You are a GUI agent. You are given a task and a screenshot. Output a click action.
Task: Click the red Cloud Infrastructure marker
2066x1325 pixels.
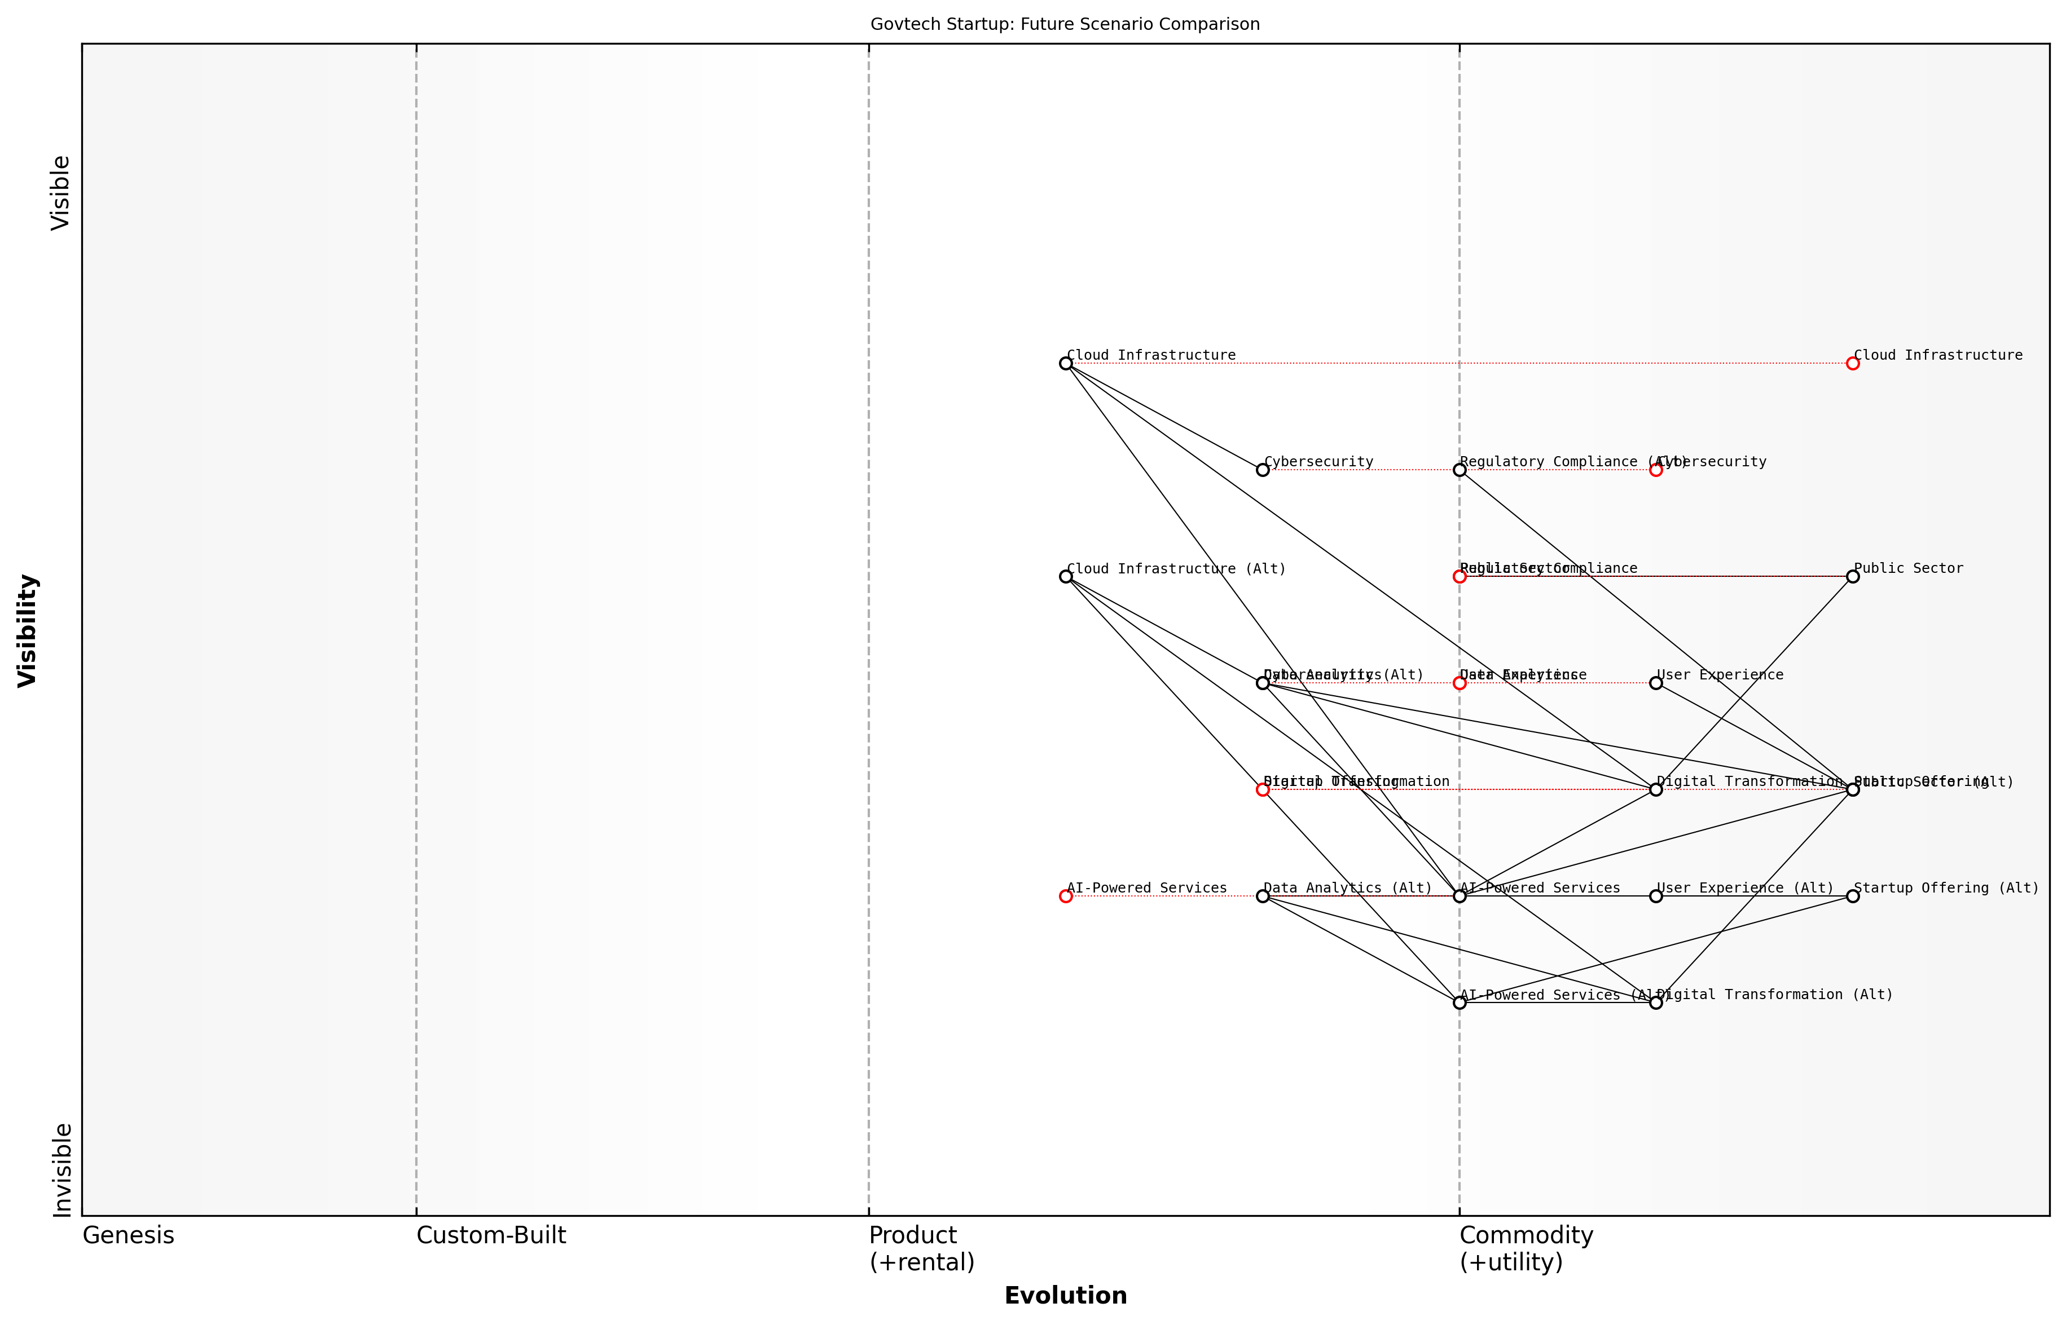1853,363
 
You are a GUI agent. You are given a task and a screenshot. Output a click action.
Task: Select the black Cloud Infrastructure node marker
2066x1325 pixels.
1066,363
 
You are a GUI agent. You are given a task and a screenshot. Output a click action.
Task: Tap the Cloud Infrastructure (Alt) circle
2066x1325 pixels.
1066,576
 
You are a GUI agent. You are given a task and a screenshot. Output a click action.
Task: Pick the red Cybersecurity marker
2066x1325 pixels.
1655,470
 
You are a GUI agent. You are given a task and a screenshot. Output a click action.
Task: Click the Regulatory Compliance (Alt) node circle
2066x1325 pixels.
1459,470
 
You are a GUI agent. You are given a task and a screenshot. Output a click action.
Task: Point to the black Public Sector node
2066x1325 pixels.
1853,576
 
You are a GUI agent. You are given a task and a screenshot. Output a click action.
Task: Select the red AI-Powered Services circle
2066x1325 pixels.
1066,896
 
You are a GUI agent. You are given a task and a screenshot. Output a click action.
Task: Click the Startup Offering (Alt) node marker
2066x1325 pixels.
1853,896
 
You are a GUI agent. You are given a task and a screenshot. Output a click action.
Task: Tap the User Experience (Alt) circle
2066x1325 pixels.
1655,896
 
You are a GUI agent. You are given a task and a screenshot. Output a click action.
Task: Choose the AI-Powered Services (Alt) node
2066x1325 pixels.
1459,1002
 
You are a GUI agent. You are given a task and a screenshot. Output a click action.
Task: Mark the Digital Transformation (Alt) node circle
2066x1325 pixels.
1655,1002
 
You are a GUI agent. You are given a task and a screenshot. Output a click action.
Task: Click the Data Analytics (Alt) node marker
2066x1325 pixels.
1263,896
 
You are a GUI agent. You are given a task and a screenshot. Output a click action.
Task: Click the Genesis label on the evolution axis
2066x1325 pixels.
128,1235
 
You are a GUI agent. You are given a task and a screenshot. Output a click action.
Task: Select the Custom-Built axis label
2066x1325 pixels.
491,1235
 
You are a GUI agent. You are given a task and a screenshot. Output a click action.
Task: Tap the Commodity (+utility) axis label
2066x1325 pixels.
1526,1248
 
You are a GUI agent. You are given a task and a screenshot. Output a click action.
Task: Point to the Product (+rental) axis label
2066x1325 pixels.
921,1248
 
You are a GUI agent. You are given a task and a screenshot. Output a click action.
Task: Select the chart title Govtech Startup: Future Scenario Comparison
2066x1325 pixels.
1065,24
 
